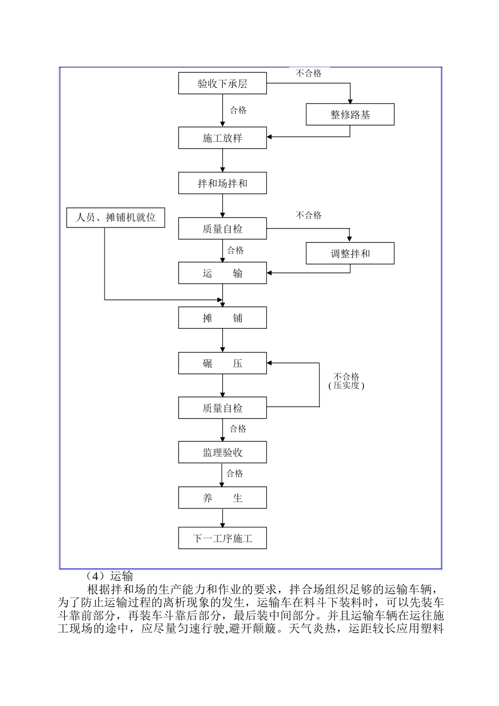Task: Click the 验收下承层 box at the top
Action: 222,84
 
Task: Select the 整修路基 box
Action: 350,115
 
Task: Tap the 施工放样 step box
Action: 222,138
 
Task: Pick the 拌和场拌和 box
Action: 222,183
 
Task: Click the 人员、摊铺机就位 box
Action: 116,217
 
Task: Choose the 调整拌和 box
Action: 350,254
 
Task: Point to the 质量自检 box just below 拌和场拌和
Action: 222,229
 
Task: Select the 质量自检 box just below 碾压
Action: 222,408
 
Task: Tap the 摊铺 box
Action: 222,318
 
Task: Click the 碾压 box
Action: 222,364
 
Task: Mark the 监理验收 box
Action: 222,453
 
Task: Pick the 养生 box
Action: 222,498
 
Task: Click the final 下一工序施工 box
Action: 222,538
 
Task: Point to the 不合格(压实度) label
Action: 346,381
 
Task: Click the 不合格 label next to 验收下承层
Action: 308,74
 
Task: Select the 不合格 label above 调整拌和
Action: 308,215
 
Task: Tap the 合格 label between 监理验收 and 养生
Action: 235,474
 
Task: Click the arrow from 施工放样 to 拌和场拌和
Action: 223,161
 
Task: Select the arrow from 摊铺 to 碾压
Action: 223,340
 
